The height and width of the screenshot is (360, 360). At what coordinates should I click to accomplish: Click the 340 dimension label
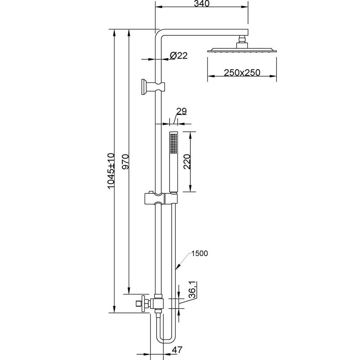coord(202,4)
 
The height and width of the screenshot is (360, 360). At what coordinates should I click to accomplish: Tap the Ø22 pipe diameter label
coord(179,55)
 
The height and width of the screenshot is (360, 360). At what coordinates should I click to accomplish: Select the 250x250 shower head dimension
coord(242,73)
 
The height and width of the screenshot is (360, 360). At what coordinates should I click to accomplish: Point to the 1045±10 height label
coord(111,171)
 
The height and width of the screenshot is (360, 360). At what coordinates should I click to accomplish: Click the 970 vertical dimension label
coord(125,162)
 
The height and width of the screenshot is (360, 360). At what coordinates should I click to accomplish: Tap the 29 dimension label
coord(181,111)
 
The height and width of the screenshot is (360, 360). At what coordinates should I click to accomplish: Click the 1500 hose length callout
coord(199,253)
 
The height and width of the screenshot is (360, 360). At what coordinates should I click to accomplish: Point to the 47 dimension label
coord(177,350)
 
